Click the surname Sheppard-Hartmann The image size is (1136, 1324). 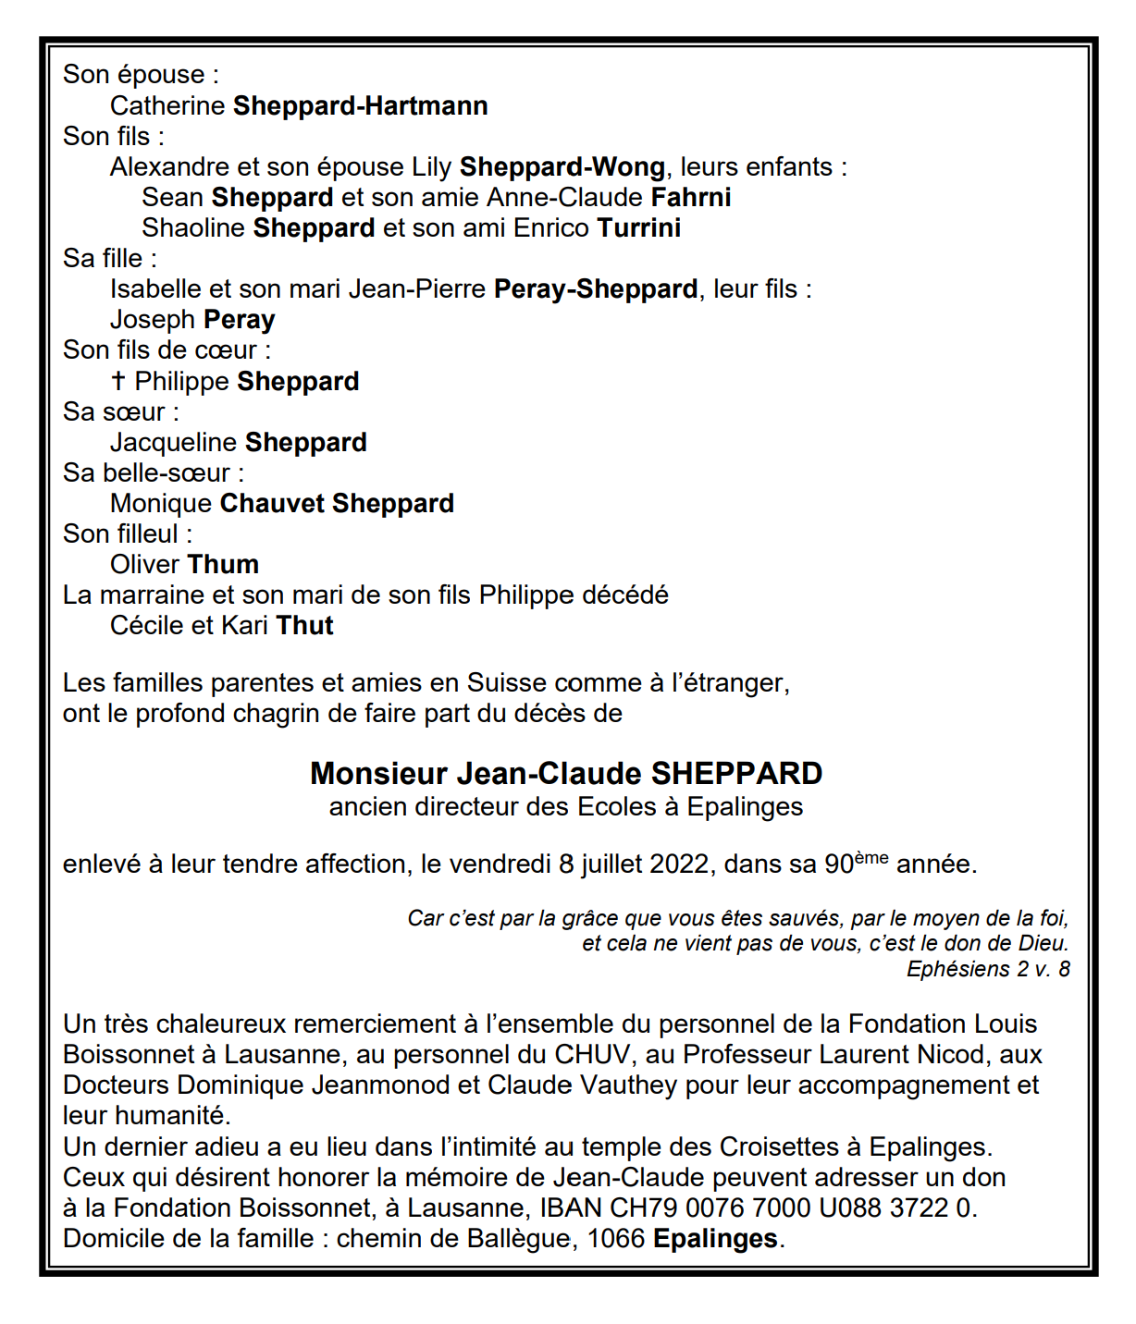point(360,106)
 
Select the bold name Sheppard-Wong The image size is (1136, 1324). point(562,167)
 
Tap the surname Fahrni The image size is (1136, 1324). point(690,198)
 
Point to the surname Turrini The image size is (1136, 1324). point(638,228)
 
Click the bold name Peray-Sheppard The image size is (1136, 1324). point(596,289)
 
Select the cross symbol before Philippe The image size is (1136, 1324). point(117,381)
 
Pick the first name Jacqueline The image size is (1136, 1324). point(173,443)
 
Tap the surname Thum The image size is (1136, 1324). point(223,565)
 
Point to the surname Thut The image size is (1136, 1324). point(304,626)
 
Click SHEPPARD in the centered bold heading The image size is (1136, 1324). point(736,774)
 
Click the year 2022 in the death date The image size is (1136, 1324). point(680,864)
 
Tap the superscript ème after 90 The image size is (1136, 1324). point(871,858)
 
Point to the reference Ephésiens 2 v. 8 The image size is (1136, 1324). point(987,969)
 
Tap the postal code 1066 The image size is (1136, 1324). point(615,1239)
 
